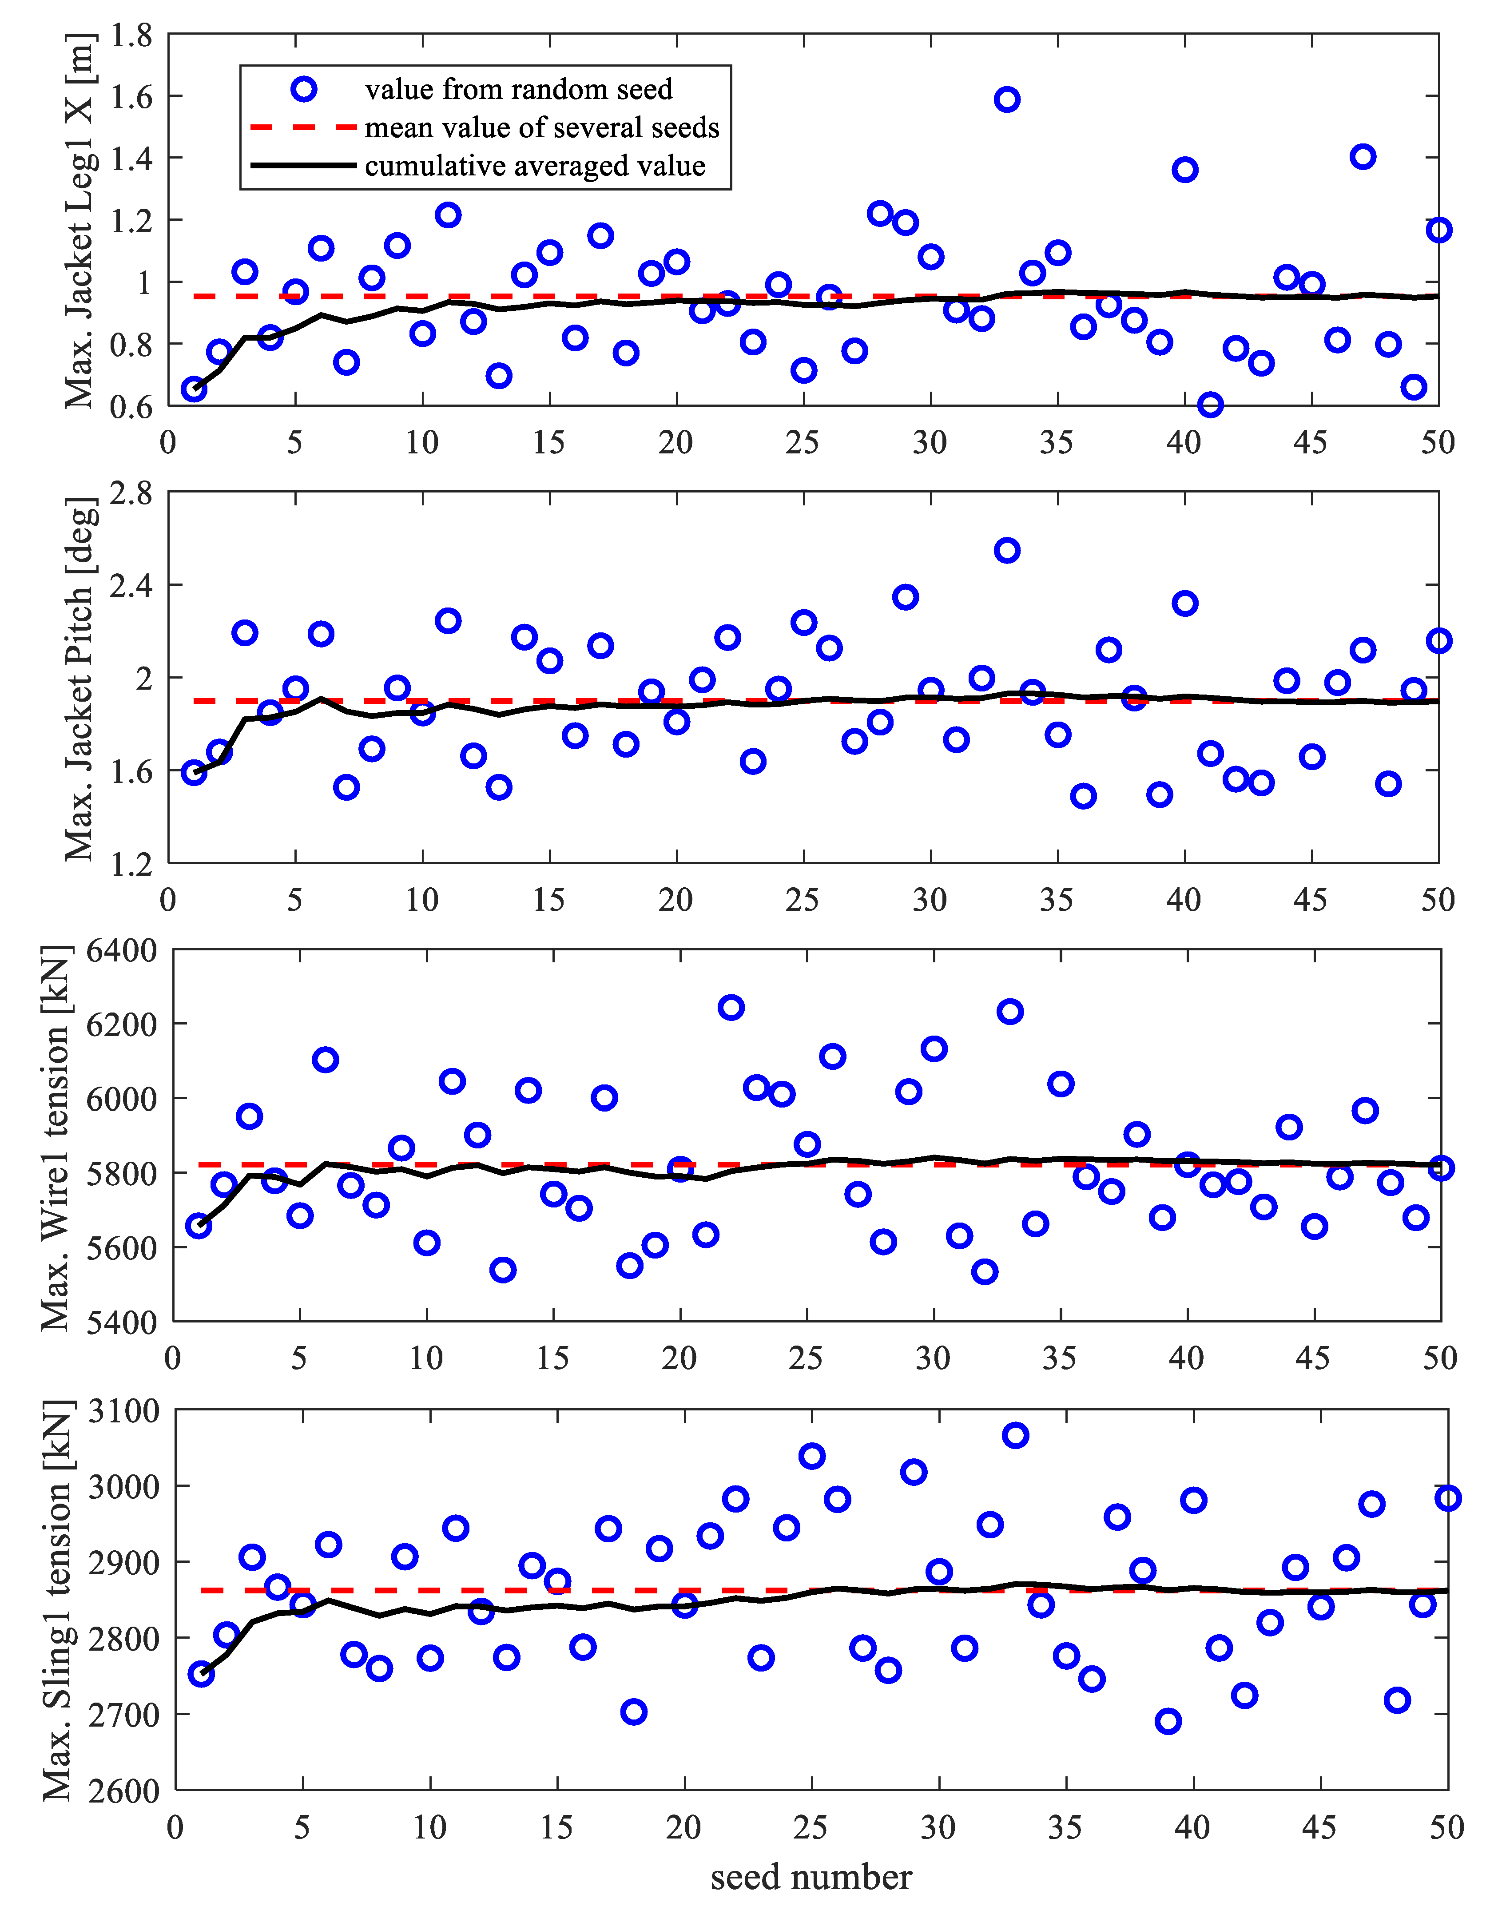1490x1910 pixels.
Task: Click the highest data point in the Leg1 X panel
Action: (1006, 99)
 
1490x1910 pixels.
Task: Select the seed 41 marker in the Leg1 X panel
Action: (1210, 404)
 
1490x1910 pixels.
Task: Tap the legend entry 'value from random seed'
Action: (519, 89)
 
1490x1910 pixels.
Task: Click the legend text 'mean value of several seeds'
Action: (541, 128)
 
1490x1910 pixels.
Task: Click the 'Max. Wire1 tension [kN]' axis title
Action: (56, 1137)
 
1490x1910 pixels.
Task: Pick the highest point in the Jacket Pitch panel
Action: (1006, 550)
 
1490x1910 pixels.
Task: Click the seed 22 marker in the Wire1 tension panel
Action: (731, 1008)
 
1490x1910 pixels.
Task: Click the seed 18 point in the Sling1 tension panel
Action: (634, 1711)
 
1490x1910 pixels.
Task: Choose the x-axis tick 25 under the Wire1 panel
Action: (805, 1358)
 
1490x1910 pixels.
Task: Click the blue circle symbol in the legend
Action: (303, 89)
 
